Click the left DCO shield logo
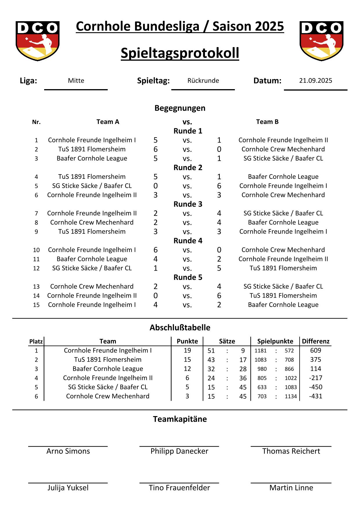(37, 41)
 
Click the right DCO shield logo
(321, 41)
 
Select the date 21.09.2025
(316, 81)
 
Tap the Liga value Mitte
(76, 81)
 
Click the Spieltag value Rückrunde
(203, 81)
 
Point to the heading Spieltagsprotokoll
(180, 53)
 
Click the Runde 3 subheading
(188, 204)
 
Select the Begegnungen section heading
(180, 108)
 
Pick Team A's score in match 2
(156, 149)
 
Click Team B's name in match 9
(283, 231)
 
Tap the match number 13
(36, 287)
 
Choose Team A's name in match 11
(92, 259)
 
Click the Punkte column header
(187, 341)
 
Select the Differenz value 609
(316, 350)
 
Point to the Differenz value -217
(316, 378)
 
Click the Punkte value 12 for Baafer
(187, 369)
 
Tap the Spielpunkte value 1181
(260, 351)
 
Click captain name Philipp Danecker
(179, 451)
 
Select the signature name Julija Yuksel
(68, 488)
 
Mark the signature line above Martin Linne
(291, 483)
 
